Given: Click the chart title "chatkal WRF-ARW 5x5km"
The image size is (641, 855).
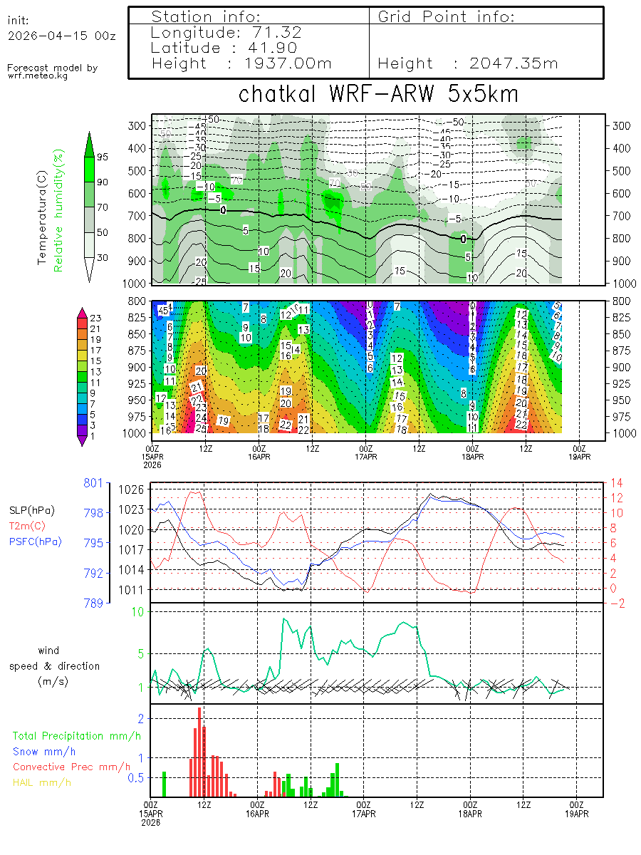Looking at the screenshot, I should click(377, 94).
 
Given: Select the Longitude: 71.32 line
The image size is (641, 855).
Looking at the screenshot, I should click(226, 33).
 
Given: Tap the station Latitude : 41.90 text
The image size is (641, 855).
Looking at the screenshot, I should click(225, 48).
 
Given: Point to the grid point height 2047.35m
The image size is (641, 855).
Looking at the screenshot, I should click(468, 63).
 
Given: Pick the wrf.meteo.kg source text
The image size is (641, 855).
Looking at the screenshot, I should click(38, 75).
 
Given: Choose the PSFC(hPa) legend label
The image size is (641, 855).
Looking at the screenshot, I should click(36, 541).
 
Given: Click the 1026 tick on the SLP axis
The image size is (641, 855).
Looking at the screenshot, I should click(137, 489).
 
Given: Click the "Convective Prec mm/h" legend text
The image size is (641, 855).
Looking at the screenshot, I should click(72, 767).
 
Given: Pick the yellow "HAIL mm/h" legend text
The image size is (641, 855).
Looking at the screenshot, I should click(42, 782).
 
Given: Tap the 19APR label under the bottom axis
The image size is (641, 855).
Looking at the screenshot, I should click(577, 813).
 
